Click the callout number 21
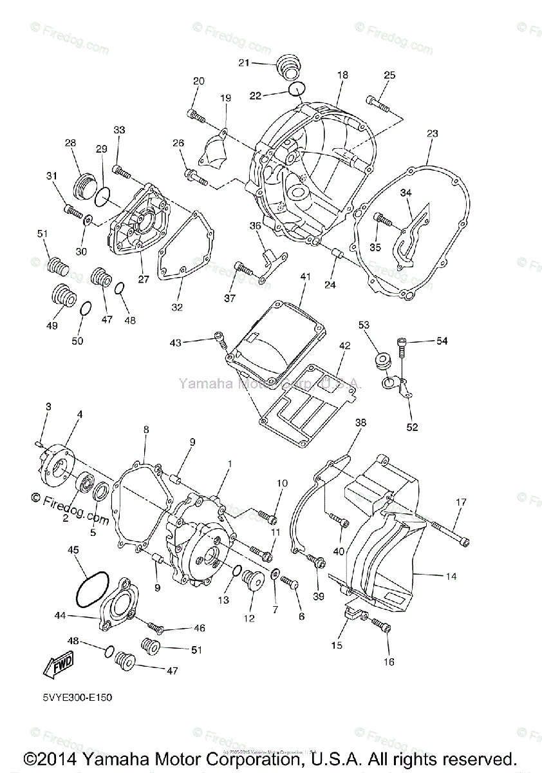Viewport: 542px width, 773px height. pyautogui.click(x=243, y=62)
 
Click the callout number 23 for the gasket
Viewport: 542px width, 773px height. pyautogui.click(x=432, y=134)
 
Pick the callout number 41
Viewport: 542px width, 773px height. pyautogui.click(x=305, y=276)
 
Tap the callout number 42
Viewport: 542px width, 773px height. pyautogui.click(x=344, y=346)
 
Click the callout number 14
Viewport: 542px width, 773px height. pyautogui.click(x=451, y=577)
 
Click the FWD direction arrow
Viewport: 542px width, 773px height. pyautogui.click(x=59, y=663)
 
